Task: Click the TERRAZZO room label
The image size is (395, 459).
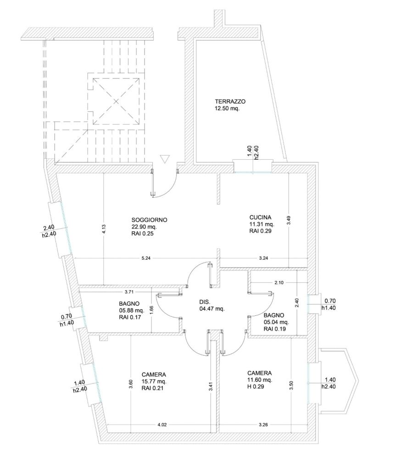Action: [x=230, y=101]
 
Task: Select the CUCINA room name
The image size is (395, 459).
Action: [x=261, y=217]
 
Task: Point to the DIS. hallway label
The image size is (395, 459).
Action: [x=205, y=302]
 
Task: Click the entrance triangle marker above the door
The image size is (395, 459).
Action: [x=166, y=159]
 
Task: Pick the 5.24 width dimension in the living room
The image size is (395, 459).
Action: [x=146, y=258]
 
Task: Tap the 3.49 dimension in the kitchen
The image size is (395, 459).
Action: [x=288, y=220]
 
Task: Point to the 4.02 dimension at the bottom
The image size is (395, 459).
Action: [x=161, y=425]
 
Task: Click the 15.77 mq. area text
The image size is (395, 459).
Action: [x=154, y=381]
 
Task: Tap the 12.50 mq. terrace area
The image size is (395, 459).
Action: [x=228, y=109]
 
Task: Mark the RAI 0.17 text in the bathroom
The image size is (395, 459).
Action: [x=130, y=317]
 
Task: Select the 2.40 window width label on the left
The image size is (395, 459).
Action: [x=49, y=227]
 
